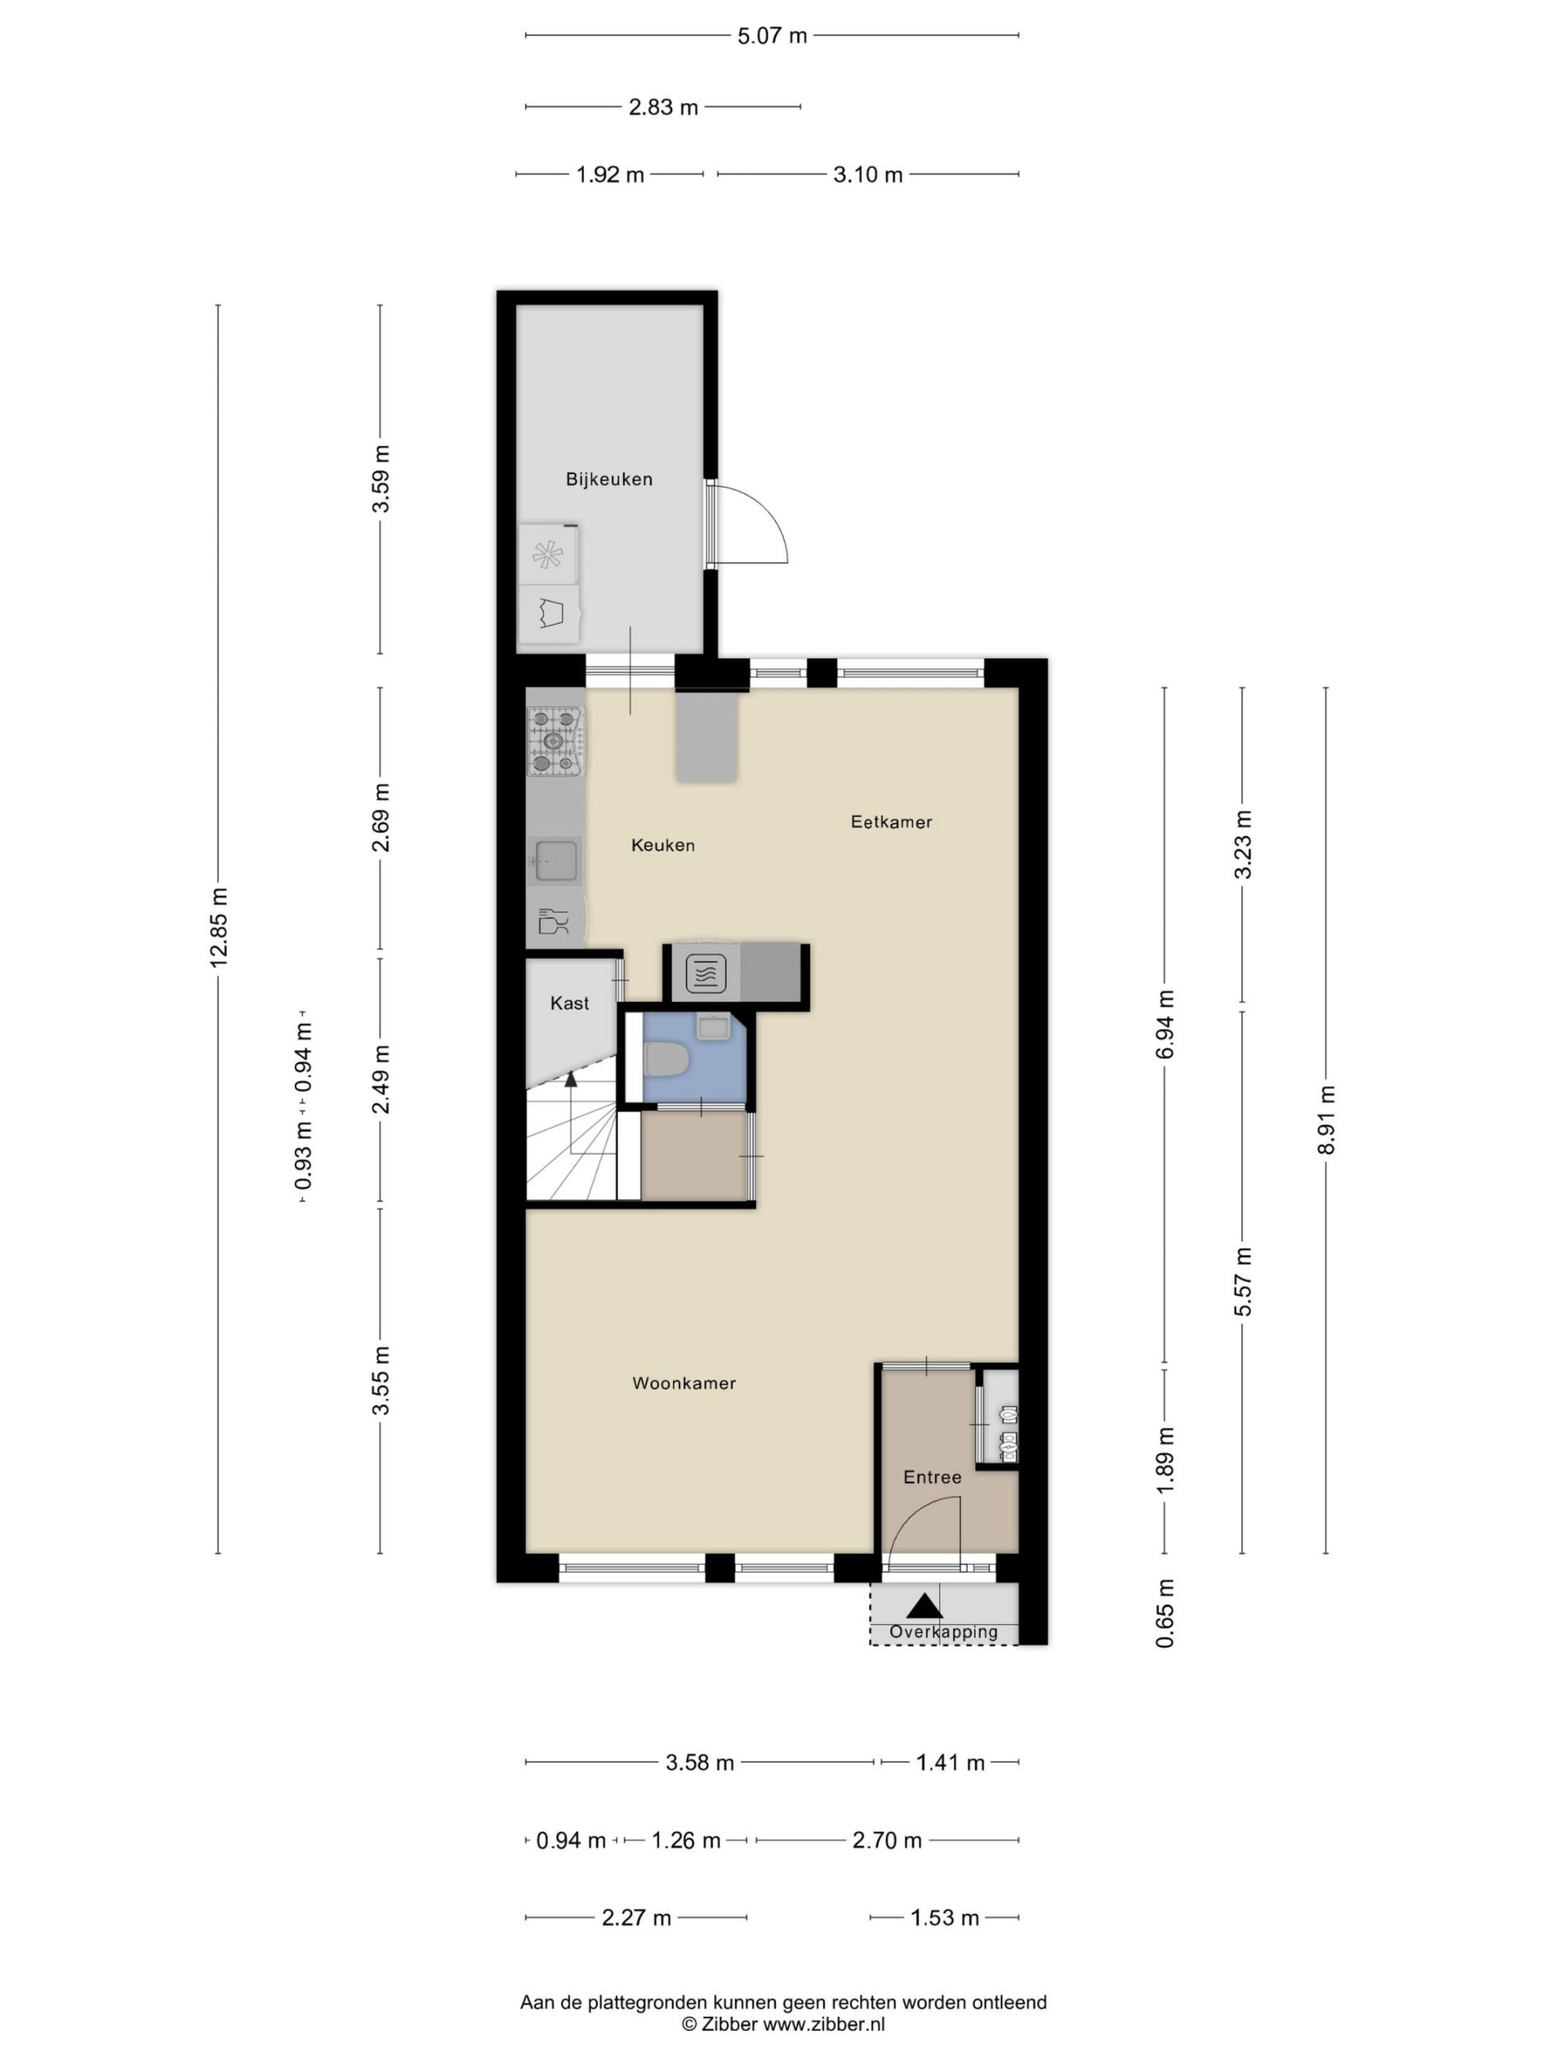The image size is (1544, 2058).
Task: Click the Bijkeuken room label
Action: (609, 479)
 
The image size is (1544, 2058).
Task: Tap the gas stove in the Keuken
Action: (555, 742)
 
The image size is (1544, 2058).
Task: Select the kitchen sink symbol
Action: (556, 859)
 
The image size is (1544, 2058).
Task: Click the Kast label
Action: (570, 1003)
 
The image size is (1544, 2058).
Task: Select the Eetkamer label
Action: (892, 822)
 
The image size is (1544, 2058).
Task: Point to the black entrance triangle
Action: (924, 1605)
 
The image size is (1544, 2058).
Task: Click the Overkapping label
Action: (944, 1632)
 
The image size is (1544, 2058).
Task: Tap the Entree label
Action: (932, 1477)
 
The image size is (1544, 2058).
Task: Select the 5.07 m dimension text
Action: (772, 36)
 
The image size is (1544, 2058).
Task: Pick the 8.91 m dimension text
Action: (1327, 1120)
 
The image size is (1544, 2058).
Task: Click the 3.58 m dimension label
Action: (700, 1763)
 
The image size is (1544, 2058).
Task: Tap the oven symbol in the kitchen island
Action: (705, 975)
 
